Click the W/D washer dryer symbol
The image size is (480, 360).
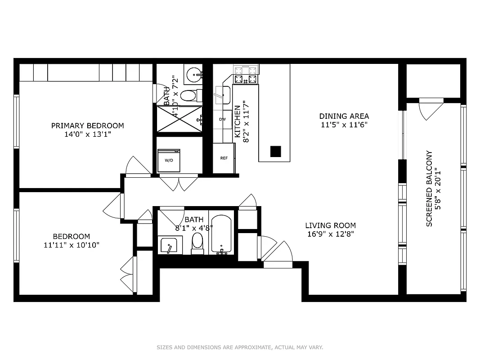(169, 160)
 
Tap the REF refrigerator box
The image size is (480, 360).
(224, 158)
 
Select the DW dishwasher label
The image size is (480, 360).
(222, 119)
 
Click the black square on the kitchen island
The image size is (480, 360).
(275, 152)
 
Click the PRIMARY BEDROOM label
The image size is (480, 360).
(87, 126)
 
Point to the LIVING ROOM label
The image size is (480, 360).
(330, 225)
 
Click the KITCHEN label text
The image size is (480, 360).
(237, 121)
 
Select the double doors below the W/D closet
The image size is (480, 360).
(179, 183)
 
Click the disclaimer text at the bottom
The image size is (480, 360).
(240, 347)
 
